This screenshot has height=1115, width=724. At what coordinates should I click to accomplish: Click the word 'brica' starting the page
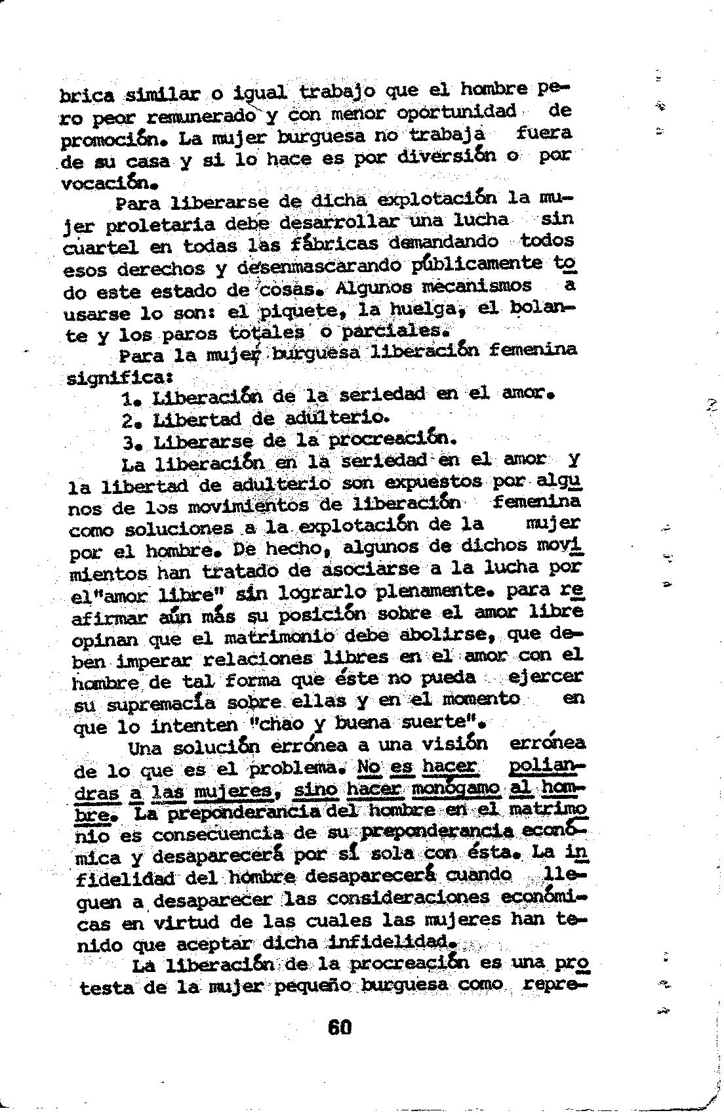point(87,95)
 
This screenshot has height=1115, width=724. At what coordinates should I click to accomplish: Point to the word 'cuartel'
point(100,248)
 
